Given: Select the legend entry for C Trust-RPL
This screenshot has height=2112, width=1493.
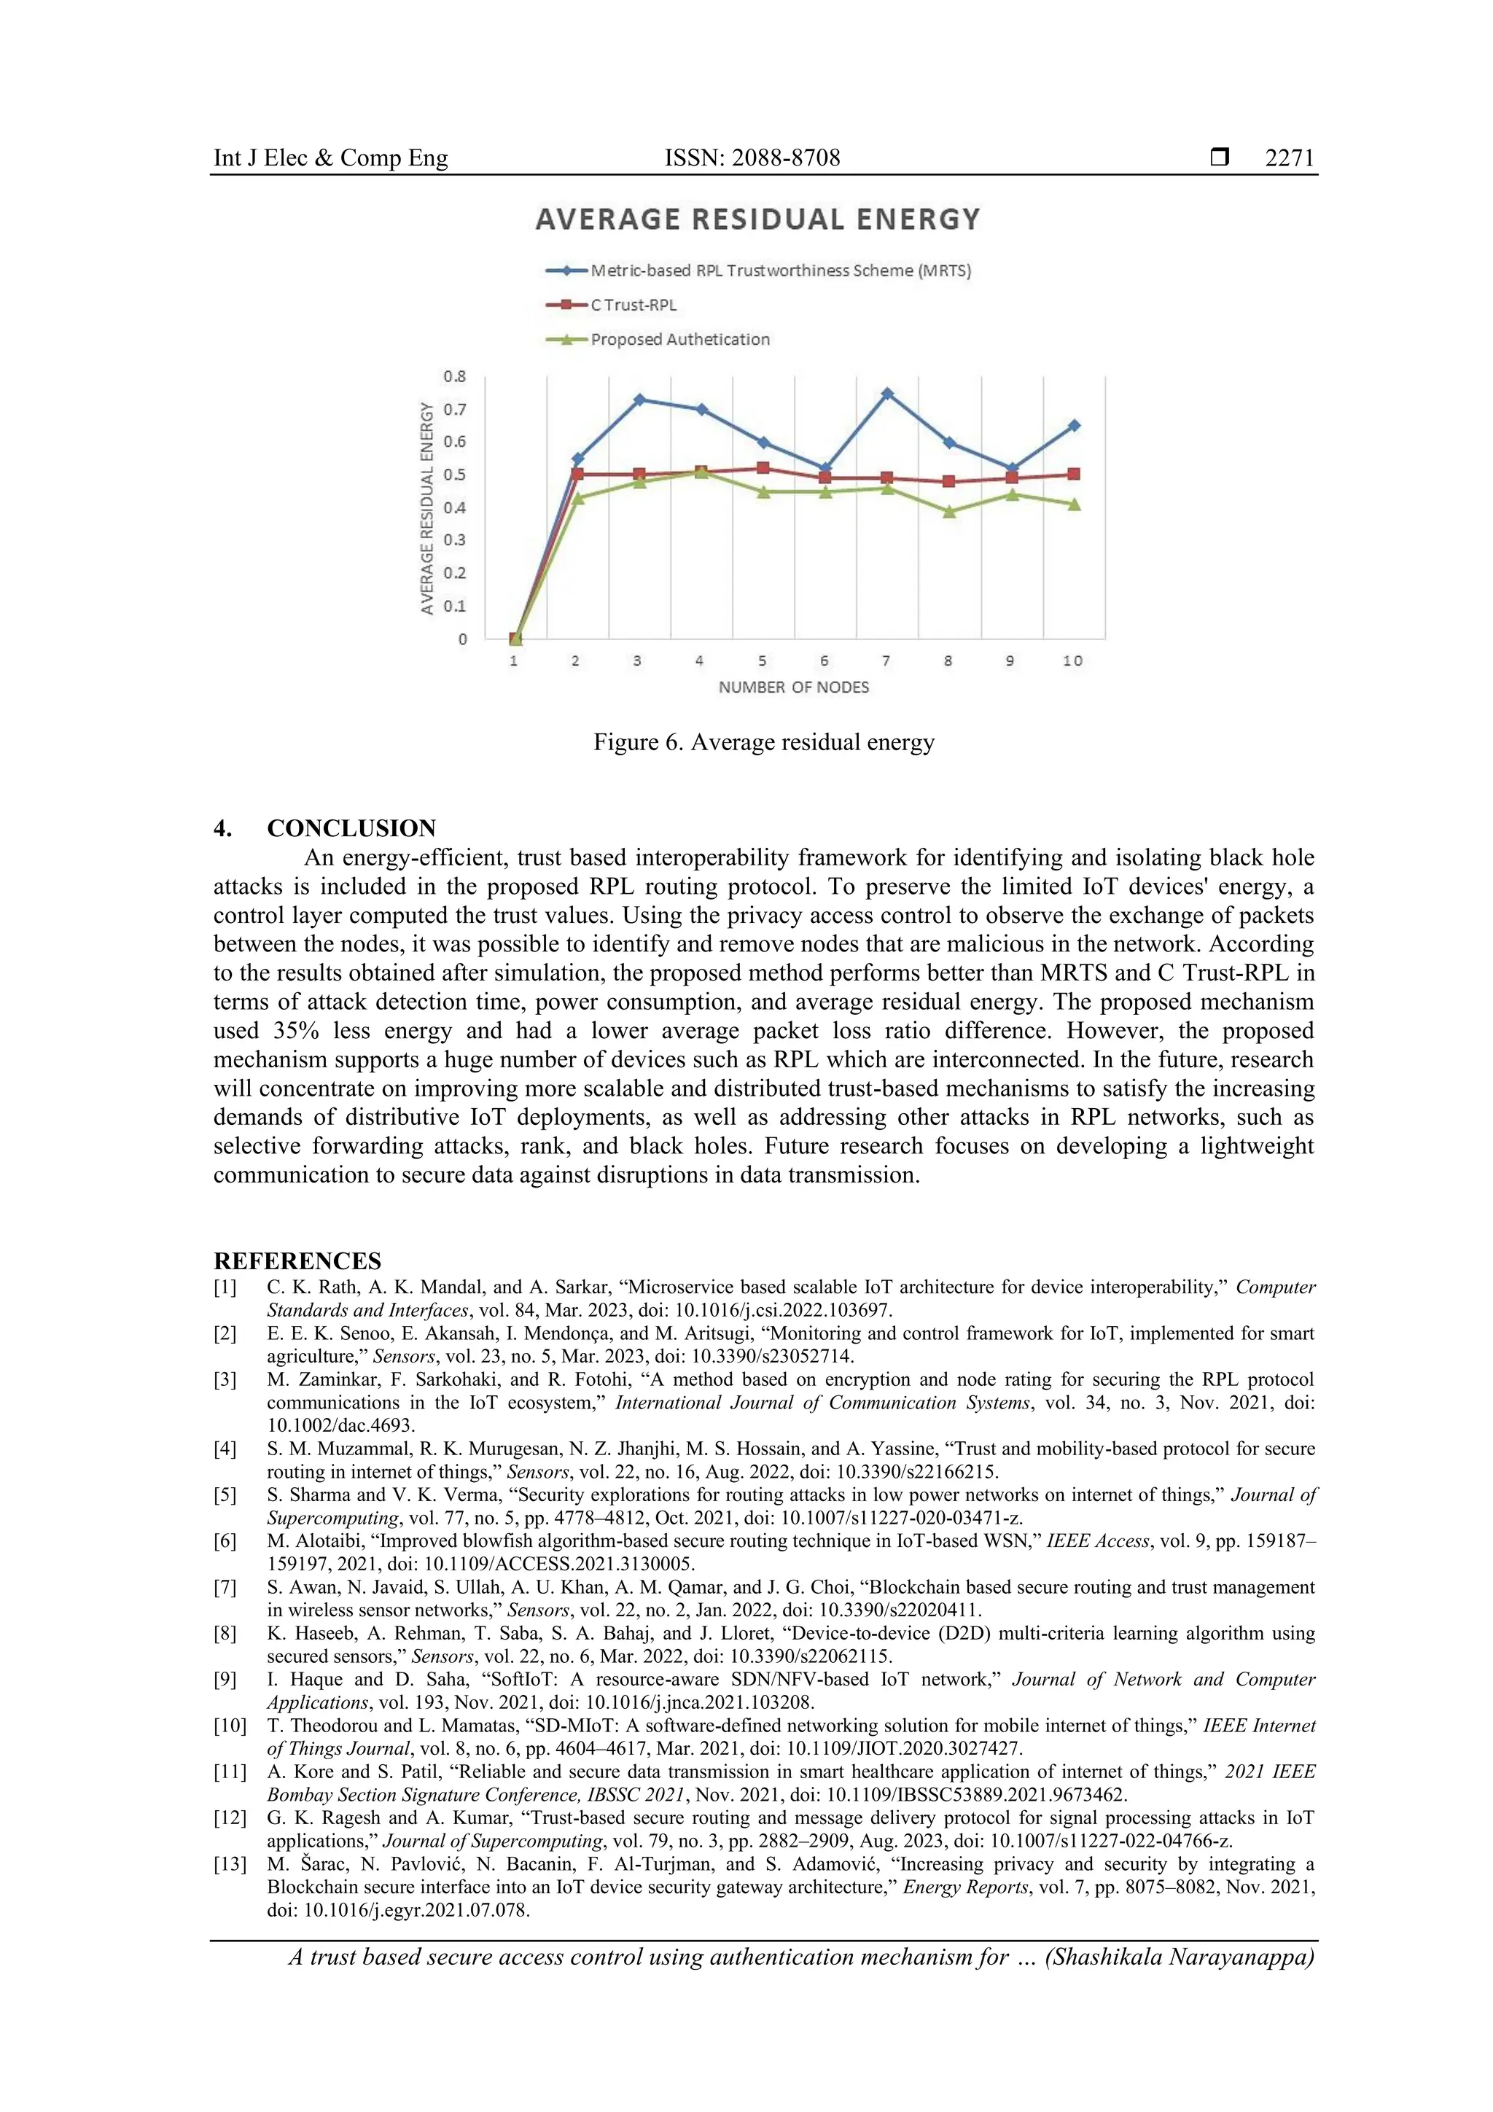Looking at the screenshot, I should pos(633,305).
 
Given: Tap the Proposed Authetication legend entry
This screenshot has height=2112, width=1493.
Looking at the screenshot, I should pos(679,340).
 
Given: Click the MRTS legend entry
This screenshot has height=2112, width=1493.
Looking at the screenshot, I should pos(780,270).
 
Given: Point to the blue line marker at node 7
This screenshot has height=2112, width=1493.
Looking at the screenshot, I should pos(886,394).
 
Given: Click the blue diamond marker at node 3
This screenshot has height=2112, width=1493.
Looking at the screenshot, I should pos(639,400).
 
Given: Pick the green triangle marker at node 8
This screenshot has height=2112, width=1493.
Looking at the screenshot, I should pos(949,513).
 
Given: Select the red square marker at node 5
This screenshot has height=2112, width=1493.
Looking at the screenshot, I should pos(763,468).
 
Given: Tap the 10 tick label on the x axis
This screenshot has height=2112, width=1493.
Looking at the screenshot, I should pos(1072,661).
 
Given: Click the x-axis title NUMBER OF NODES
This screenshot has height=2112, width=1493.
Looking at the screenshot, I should pos(793,687).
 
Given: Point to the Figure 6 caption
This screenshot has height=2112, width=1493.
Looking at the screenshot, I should pos(763,742).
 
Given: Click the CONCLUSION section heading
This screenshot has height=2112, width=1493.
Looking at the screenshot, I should pos(351,828).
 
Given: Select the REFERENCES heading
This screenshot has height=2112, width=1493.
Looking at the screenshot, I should pos(297,1260).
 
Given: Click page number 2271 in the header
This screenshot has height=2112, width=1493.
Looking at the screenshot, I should pos(1289,158).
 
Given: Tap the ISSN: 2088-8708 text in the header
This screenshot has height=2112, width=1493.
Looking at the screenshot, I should pos(752,158).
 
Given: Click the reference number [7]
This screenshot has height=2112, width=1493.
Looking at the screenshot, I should pos(225,1587).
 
